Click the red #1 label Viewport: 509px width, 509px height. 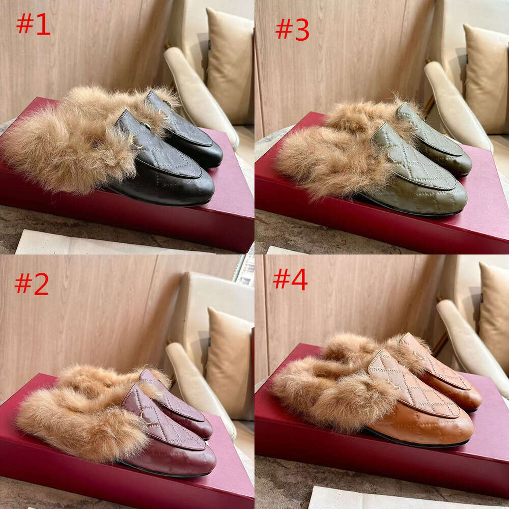[33, 24]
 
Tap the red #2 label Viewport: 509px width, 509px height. [32, 284]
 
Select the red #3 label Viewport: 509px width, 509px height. [292, 29]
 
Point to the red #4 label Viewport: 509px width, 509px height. [290, 279]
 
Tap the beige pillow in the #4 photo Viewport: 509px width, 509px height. [494, 310]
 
